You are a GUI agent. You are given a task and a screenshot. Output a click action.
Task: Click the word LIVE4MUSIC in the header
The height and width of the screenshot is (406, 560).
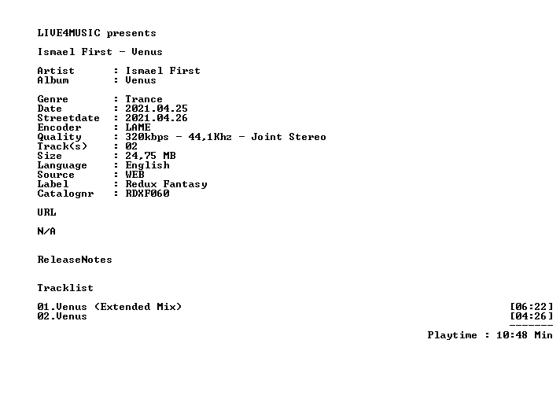click(69, 33)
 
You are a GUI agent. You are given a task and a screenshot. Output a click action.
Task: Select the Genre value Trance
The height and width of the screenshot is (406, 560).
click(144, 99)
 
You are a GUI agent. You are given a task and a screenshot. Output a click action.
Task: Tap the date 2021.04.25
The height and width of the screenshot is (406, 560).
click(157, 109)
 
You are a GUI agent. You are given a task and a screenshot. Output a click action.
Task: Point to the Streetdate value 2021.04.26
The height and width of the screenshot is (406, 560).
click(157, 118)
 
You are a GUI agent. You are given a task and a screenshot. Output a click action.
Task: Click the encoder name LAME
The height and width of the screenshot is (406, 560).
click(138, 127)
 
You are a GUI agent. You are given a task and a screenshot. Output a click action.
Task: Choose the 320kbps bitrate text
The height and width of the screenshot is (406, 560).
click(147, 137)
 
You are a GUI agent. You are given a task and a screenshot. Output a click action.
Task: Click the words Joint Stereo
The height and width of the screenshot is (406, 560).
click(289, 137)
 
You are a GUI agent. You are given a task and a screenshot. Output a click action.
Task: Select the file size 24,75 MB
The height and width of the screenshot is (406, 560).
click(150, 156)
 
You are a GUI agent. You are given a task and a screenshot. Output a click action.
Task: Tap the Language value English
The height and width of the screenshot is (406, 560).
click(147, 165)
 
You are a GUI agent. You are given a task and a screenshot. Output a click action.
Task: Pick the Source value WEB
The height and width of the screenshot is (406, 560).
click(134, 175)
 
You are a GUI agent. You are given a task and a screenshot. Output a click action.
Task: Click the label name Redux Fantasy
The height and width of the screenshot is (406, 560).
click(166, 184)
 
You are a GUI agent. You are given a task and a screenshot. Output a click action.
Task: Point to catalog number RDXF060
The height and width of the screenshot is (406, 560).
click(147, 194)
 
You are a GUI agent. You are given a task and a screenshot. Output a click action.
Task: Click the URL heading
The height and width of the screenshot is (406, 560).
click(46, 212)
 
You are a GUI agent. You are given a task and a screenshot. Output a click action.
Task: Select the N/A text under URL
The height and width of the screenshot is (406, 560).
click(46, 231)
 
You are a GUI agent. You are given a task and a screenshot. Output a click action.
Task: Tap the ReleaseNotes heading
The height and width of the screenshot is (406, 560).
click(75, 260)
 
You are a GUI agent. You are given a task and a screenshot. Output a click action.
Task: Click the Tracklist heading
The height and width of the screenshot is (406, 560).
click(65, 288)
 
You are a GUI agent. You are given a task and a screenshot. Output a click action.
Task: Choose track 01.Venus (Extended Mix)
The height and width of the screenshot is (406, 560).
click(109, 307)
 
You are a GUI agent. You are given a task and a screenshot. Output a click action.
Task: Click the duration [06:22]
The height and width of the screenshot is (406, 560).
click(532, 307)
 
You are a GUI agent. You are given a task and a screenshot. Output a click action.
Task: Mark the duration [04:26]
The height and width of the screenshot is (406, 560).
click(532, 316)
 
